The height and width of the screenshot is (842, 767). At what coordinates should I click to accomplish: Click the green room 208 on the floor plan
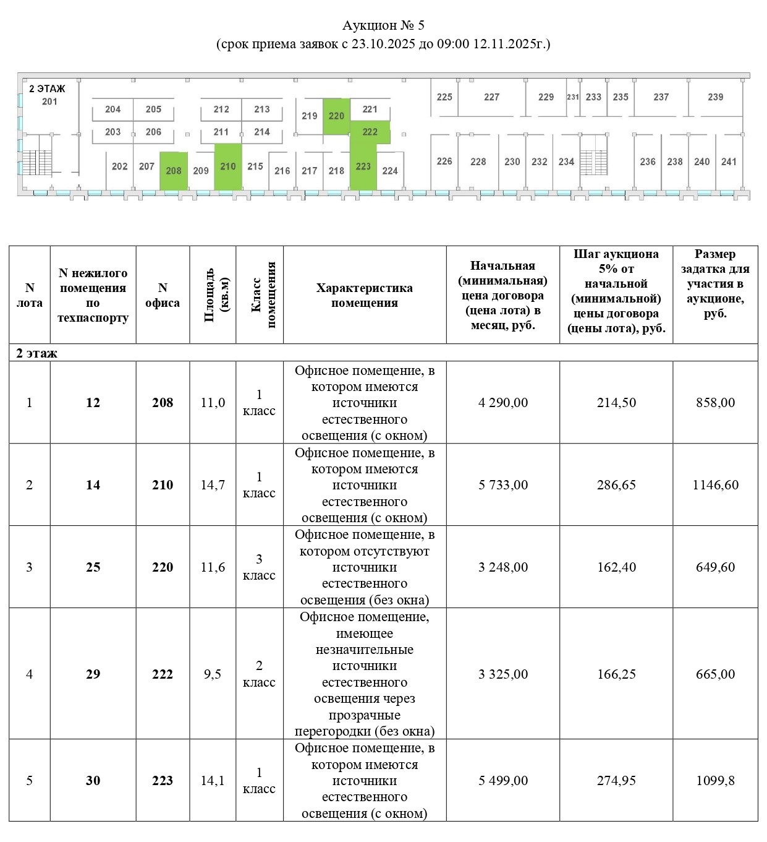(x=174, y=171)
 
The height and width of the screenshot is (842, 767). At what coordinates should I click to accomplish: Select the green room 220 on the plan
(x=336, y=116)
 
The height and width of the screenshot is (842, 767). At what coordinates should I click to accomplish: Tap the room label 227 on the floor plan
(x=491, y=97)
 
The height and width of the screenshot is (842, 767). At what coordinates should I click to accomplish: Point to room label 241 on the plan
(x=729, y=161)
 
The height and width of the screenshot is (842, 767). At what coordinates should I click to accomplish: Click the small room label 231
(x=573, y=97)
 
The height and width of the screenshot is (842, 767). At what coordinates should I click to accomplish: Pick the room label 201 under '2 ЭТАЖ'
(x=49, y=101)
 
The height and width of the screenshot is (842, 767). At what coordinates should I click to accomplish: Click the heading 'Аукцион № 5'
(x=383, y=25)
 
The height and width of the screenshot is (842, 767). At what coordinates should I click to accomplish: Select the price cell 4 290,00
(x=503, y=403)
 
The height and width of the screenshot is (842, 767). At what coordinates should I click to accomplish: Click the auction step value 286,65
(x=616, y=485)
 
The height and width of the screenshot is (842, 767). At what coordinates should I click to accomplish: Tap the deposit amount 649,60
(x=715, y=567)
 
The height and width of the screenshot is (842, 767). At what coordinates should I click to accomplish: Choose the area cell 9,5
(x=213, y=674)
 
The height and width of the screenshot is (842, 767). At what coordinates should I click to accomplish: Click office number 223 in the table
(x=163, y=781)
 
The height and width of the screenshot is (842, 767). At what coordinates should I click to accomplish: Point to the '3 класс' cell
(x=259, y=567)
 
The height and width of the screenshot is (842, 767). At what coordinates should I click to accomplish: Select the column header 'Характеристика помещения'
(x=365, y=295)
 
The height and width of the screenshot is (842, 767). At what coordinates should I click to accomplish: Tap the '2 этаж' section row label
(x=36, y=353)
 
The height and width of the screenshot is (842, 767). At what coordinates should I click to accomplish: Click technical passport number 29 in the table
(x=93, y=674)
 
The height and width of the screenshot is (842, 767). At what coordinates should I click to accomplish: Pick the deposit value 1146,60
(x=715, y=485)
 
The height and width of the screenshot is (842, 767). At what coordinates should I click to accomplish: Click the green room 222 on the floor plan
(x=370, y=132)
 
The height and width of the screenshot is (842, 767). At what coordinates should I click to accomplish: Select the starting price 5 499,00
(x=503, y=781)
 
